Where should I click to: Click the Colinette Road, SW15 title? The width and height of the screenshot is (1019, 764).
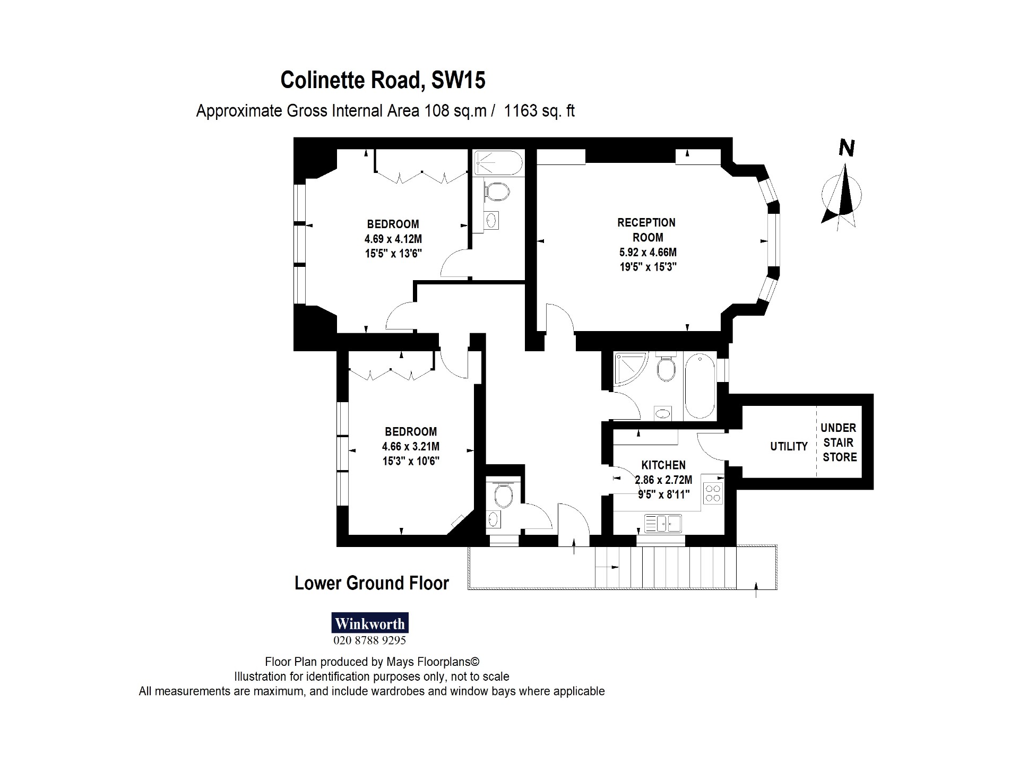click(383, 80)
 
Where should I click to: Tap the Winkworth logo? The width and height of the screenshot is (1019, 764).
click(370, 623)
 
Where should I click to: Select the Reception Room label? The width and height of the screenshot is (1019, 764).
click(646, 230)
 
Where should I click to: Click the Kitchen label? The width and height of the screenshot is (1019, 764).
click(663, 465)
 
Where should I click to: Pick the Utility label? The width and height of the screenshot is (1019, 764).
click(789, 447)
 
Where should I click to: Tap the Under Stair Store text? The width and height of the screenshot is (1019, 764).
click(839, 442)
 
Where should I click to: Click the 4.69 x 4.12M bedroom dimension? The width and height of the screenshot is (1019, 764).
click(393, 239)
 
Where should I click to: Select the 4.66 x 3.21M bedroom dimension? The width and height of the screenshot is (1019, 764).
click(411, 447)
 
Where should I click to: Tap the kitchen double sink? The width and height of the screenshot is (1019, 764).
click(663, 524)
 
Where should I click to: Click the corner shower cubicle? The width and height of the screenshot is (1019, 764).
click(629, 369)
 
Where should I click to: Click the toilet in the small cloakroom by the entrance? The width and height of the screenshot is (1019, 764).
click(503, 497)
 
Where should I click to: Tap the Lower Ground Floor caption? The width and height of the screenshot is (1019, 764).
click(372, 583)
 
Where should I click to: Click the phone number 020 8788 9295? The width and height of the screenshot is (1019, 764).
click(369, 640)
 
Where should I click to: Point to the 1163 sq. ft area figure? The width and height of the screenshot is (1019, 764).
click(539, 111)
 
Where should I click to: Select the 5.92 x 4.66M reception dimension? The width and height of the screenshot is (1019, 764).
click(648, 253)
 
